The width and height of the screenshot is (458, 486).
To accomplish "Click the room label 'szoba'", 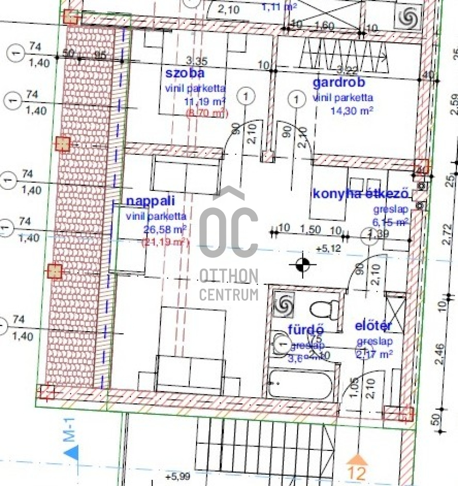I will (x=185, y=73).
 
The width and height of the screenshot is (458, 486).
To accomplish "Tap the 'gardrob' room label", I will (x=339, y=83).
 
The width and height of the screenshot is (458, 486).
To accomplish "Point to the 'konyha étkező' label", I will (x=360, y=194).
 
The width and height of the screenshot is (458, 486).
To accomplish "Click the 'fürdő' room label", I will (x=306, y=329).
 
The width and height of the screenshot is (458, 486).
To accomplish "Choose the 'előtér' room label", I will (x=374, y=326).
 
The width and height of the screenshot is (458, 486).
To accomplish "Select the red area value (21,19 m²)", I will (x=166, y=243).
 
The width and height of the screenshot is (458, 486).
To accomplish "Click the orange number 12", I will (x=356, y=474).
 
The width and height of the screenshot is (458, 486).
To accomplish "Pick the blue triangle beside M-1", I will (x=71, y=453).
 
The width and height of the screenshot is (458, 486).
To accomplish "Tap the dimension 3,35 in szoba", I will (x=197, y=60).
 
